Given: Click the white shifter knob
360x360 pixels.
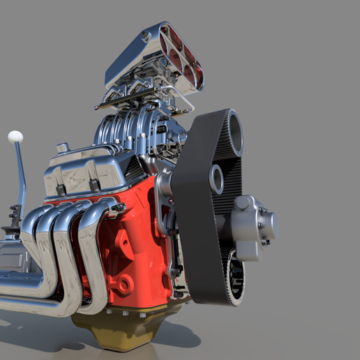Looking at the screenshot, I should click(15, 137).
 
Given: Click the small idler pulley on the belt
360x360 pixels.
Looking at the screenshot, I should click(217, 179).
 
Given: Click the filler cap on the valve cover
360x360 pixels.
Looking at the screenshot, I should click(63, 148).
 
